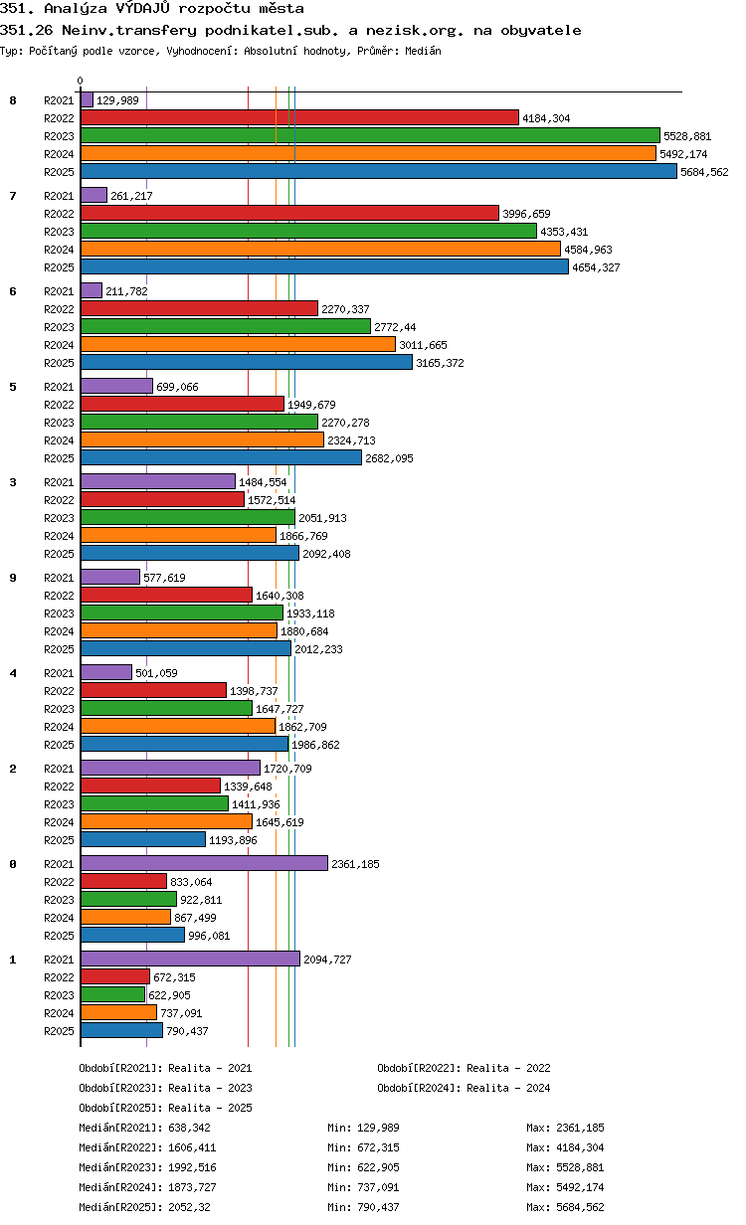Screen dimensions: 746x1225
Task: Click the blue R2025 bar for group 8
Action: pos(378,172)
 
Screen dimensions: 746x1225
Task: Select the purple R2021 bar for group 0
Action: pos(204,863)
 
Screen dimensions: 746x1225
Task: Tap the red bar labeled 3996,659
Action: pos(289,213)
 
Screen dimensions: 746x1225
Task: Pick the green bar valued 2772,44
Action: pos(226,326)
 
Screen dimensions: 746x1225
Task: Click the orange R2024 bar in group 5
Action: pos(202,439)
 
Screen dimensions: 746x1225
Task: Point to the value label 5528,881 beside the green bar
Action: pos(687,136)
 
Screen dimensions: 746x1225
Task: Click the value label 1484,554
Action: pos(263,482)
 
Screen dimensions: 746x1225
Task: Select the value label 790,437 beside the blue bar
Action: pos(187,1031)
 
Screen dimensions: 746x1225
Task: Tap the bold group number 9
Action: pos(13,578)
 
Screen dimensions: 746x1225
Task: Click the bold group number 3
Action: pos(13,482)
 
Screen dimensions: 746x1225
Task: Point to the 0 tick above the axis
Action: pos(80,81)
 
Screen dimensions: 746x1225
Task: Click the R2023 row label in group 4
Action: pos(59,709)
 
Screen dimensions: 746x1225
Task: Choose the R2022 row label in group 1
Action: pos(59,977)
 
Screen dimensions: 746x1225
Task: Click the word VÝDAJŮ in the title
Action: pos(142,8)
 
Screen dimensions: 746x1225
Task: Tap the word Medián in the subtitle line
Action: pos(423,51)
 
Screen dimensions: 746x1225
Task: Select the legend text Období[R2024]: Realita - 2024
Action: pos(464,1088)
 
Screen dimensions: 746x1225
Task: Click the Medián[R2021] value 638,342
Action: pos(189,1128)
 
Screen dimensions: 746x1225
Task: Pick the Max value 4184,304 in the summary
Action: pos(580,1147)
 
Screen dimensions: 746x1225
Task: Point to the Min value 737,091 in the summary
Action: pos(378,1187)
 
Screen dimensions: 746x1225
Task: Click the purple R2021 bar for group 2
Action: pos(170,768)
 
